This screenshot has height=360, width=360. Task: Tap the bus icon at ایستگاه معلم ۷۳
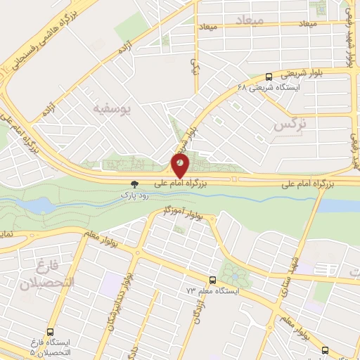point(212,279)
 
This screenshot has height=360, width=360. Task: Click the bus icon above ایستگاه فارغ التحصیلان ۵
point(51,330)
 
